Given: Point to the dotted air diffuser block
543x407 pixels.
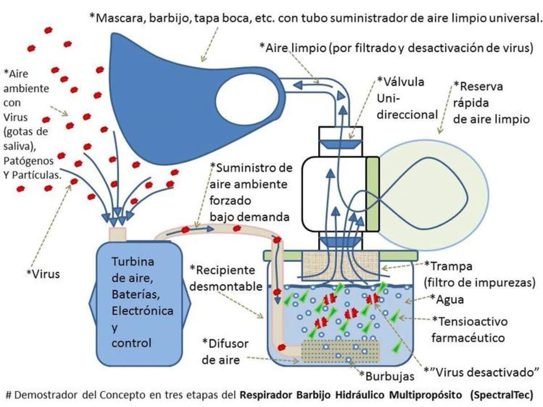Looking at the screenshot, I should coord(340,350).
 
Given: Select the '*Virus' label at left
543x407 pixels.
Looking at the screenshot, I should coord(43,273).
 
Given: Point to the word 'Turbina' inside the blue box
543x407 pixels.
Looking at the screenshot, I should coord(133,262).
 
